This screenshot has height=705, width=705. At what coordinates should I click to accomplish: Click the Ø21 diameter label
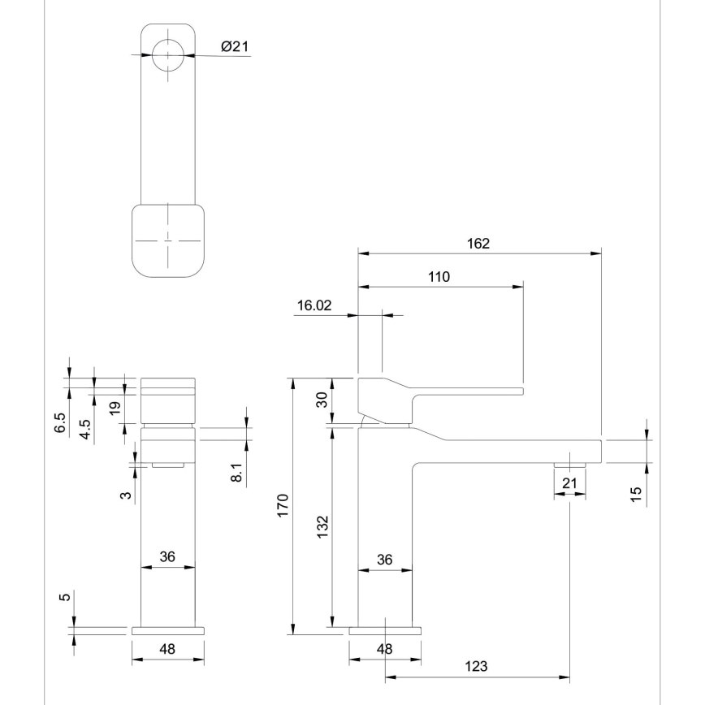(x=234, y=47)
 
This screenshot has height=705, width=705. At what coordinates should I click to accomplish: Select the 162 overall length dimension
(x=479, y=244)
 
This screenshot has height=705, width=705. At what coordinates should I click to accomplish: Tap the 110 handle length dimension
(x=439, y=276)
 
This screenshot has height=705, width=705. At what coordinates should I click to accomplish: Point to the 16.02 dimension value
(x=315, y=305)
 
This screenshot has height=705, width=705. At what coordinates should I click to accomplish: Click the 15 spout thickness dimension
(x=636, y=493)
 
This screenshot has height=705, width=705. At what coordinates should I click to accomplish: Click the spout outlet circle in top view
(x=168, y=55)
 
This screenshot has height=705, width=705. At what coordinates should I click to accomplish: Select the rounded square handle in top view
(x=168, y=240)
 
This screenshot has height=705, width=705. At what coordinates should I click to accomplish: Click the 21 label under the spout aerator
(x=569, y=484)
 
